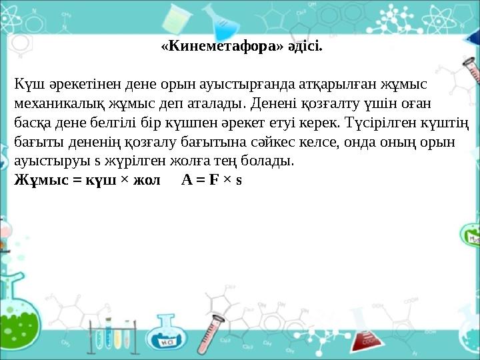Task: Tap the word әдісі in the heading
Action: [x=305, y=47]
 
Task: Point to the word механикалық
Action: [x=55, y=105]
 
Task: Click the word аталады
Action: [x=221, y=105]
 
